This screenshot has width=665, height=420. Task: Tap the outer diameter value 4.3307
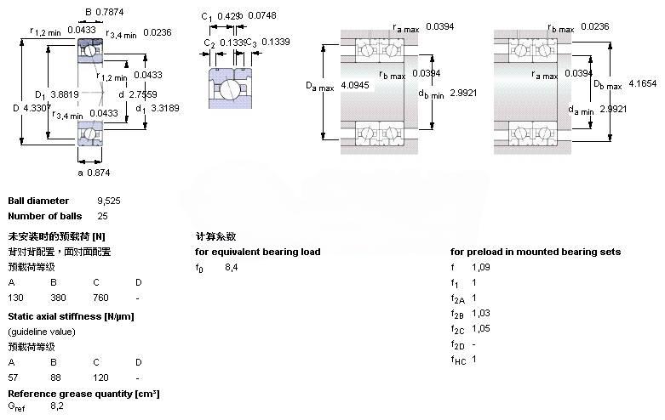[39, 109]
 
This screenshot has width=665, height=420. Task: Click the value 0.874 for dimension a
[100, 173]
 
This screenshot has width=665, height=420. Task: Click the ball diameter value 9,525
[109, 201]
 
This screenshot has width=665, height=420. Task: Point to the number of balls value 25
[103, 216]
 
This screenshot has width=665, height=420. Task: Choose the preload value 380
[57, 298]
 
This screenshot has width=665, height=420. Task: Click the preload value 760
[100, 298]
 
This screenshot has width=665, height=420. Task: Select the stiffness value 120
[100, 377]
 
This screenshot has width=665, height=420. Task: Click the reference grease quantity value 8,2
[58, 406]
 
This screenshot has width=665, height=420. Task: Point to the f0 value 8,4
[231, 268]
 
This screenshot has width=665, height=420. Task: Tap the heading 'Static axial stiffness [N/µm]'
[71, 316]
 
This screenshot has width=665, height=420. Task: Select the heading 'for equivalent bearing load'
[258, 252]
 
